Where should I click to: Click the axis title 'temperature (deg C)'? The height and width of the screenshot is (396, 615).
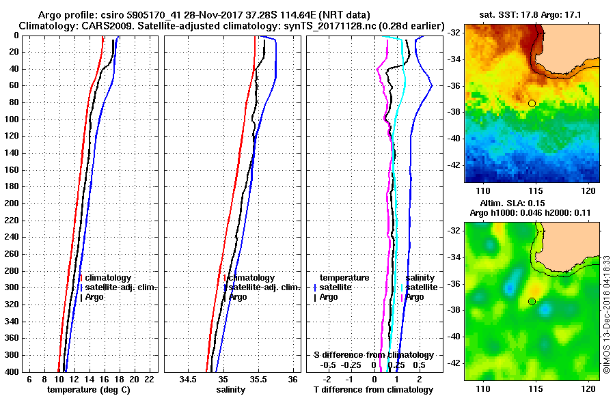(88, 389)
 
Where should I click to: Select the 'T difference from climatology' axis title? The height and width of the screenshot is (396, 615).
(373, 389)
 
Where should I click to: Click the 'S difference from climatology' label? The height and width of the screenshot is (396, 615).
(373, 355)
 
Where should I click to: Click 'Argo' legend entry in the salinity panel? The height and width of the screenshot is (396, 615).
(238, 297)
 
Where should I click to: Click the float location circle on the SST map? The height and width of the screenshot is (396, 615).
(532, 103)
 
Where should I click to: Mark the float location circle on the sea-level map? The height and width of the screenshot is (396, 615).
(532, 301)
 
